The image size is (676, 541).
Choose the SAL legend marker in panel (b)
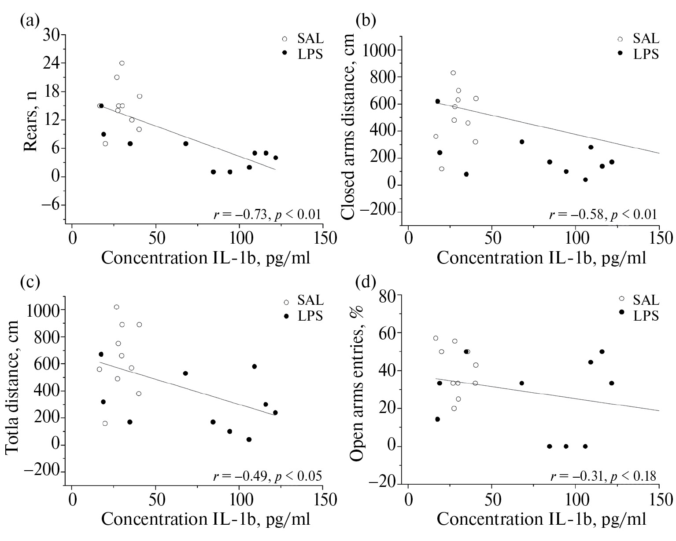pos(620,39)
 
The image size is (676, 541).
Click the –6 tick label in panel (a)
pos(51,205)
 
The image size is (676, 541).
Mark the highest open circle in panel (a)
pos(122,63)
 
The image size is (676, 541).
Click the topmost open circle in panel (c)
pos(116,307)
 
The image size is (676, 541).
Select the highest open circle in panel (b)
pos(453,73)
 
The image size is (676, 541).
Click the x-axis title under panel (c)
pos(206,519)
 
